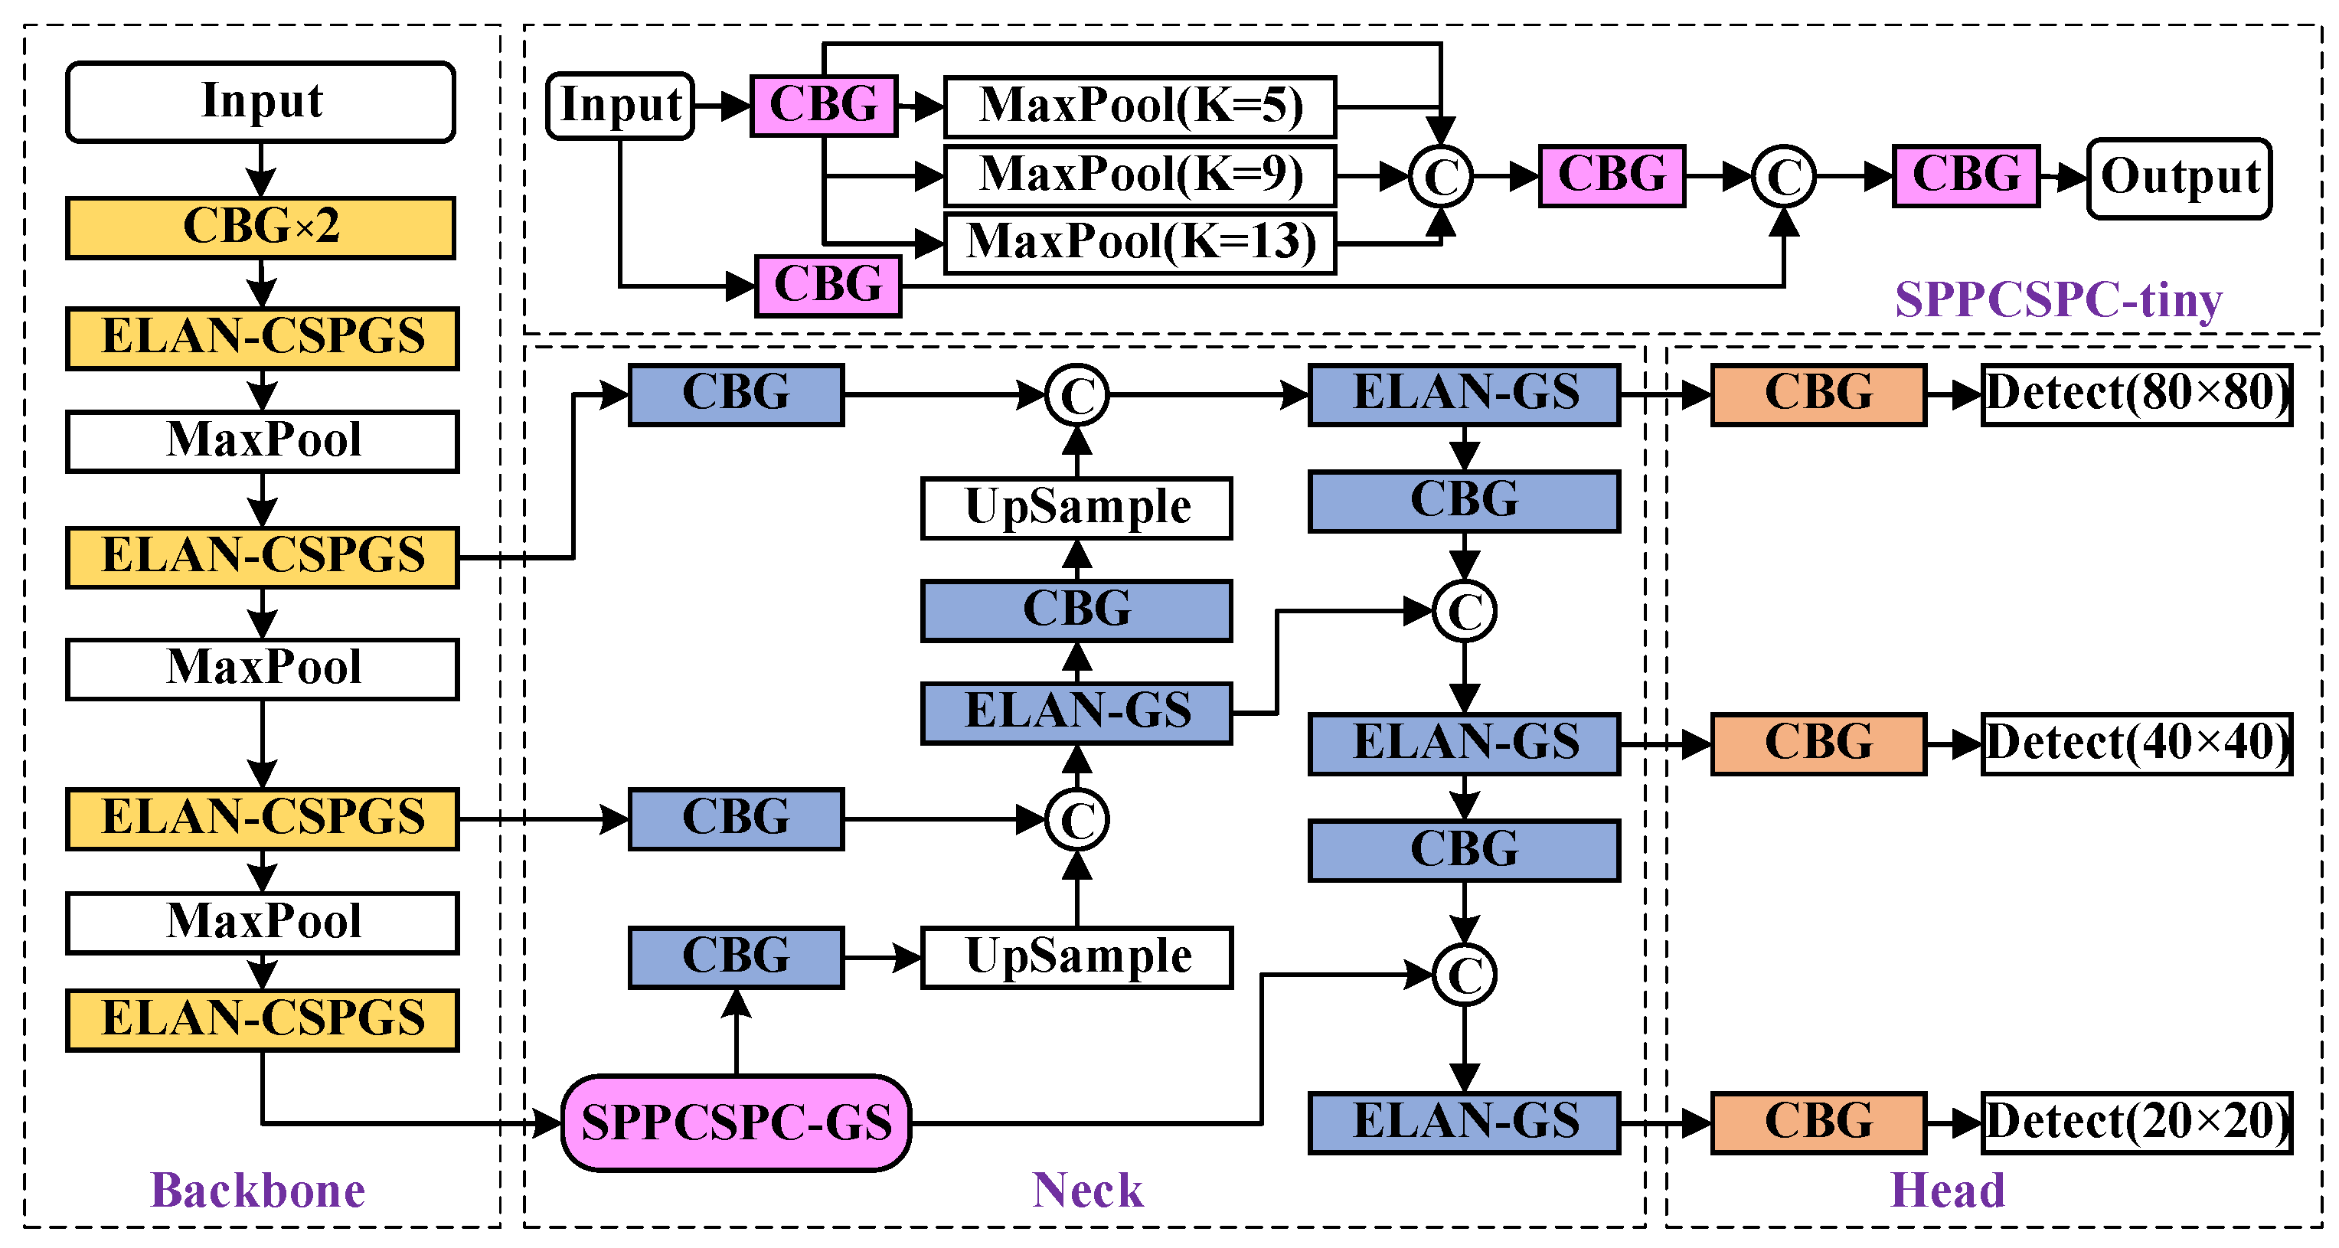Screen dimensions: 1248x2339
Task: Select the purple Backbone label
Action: tap(257, 1190)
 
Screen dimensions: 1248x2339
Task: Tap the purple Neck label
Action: tap(1087, 1190)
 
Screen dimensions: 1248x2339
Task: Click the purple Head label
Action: tap(1947, 1190)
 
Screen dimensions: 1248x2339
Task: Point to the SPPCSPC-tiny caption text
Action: tap(2059, 299)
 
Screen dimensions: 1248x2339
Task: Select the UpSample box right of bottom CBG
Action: tap(1077, 956)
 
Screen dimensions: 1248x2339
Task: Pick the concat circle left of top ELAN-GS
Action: tap(1077, 395)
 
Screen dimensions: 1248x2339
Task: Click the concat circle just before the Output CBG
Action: tap(1783, 176)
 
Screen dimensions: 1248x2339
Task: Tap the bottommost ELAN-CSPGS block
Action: tap(263, 1019)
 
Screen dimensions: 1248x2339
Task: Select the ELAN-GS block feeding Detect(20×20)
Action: tap(1464, 1122)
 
